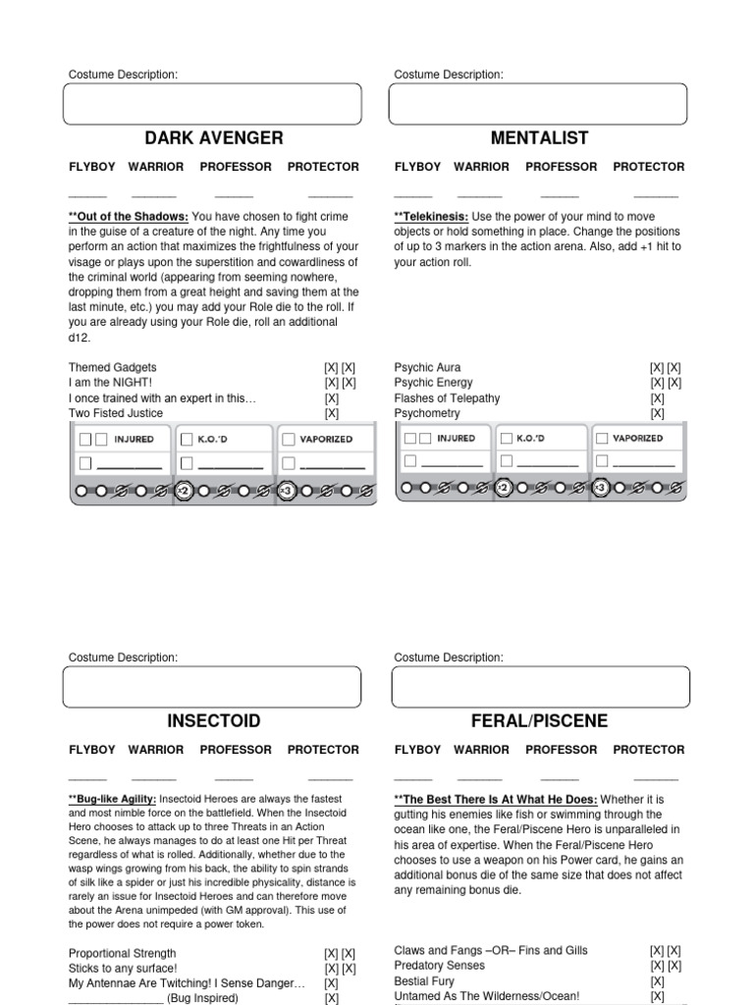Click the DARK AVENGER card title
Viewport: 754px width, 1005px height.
click(213, 138)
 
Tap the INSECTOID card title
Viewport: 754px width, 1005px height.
click(213, 721)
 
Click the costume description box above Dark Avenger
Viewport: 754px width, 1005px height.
click(212, 104)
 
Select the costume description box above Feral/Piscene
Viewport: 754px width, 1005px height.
click(538, 687)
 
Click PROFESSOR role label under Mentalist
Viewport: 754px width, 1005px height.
click(562, 167)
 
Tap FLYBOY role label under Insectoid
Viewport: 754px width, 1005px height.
click(91, 750)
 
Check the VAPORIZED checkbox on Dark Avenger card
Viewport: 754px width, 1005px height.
click(290, 440)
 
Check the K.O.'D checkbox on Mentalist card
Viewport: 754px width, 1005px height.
click(506, 439)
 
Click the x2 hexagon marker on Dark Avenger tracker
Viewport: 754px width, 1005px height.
click(184, 489)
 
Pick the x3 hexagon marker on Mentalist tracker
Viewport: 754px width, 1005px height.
click(604, 487)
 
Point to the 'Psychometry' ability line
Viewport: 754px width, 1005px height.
click(427, 414)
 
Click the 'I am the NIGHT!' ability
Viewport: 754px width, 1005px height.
click(111, 383)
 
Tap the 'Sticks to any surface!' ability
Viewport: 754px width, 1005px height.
click(123, 968)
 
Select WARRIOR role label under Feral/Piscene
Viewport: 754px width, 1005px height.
click(481, 750)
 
